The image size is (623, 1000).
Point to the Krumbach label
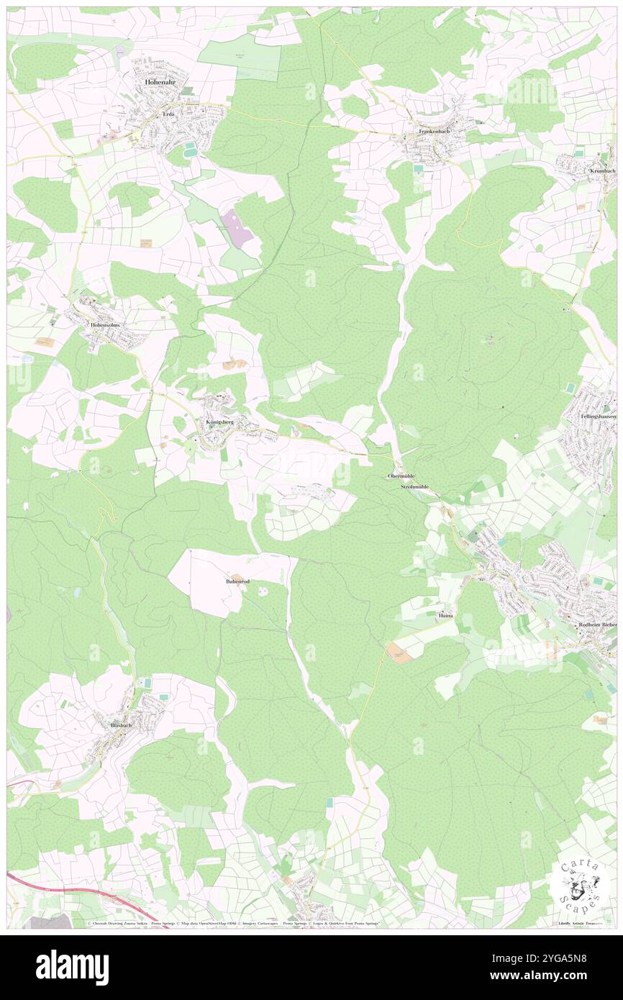point(602,171)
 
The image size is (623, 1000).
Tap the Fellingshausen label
point(598,417)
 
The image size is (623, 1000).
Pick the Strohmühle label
point(414,487)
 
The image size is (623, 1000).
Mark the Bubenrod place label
point(237,580)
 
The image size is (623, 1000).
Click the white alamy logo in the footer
point(72,966)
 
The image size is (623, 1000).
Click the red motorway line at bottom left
point(72,888)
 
